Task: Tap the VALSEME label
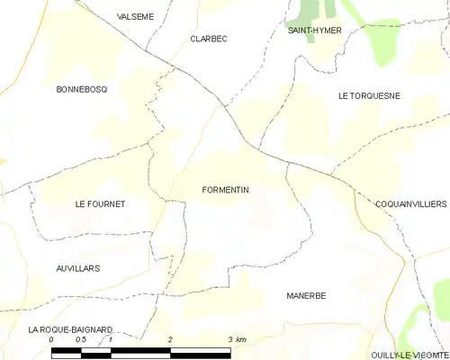(135, 16)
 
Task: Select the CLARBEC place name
(208, 39)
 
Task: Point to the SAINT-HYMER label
(312, 31)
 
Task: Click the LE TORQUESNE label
(369, 95)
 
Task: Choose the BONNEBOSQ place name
(82, 89)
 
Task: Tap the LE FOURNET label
(100, 204)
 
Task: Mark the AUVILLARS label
(76, 268)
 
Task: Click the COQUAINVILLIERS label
(410, 204)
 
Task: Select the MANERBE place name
(306, 295)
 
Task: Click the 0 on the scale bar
(51, 339)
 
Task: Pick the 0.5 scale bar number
(80, 339)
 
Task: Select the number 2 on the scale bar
(170, 339)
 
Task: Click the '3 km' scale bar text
(237, 339)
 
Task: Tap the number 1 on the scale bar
(110, 339)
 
